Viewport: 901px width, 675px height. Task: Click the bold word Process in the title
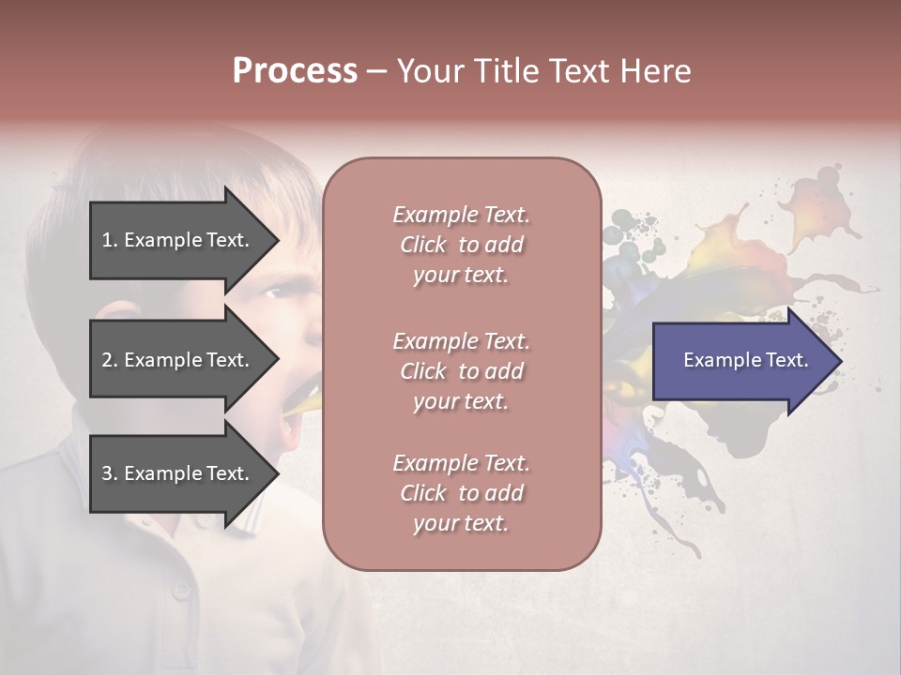tap(295, 71)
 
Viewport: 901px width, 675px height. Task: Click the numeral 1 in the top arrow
tap(106, 240)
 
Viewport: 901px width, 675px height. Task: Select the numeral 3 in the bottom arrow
tap(107, 473)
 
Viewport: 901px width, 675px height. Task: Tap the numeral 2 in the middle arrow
tap(107, 360)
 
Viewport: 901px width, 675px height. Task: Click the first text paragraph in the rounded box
tap(461, 245)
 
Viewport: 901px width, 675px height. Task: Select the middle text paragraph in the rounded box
tap(461, 371)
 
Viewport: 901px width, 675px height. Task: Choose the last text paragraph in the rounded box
tap(461, 493)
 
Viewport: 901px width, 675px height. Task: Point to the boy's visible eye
tap(273, 293)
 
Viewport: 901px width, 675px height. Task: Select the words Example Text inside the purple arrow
tap(746, 360)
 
